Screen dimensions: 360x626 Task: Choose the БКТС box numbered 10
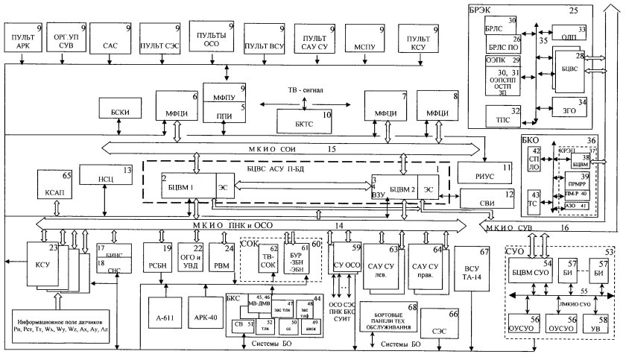pyautogui.click(x=304, y=119)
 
